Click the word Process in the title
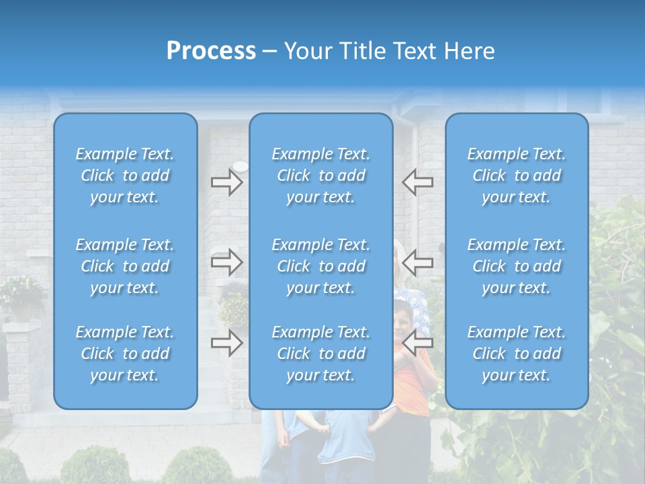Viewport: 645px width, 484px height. coord(211,51)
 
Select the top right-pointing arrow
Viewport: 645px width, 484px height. coord(226,182)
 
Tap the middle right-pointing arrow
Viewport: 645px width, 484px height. coord(226,262)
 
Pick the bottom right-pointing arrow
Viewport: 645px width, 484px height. coord(226,343)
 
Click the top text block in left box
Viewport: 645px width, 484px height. coord(125,175)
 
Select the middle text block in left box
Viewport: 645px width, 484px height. coord(125,266)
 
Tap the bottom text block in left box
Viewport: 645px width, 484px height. coord(125,354)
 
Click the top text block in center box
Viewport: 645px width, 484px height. coord(320,175)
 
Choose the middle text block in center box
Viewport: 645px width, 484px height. coord(320,266)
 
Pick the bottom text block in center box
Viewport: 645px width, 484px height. coord(320,354)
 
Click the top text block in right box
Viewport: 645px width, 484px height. coord(516,175)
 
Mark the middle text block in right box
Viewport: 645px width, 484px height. coord(516,266)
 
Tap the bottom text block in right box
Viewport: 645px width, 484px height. coord(516,354)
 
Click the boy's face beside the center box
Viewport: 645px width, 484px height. coord(403,321)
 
